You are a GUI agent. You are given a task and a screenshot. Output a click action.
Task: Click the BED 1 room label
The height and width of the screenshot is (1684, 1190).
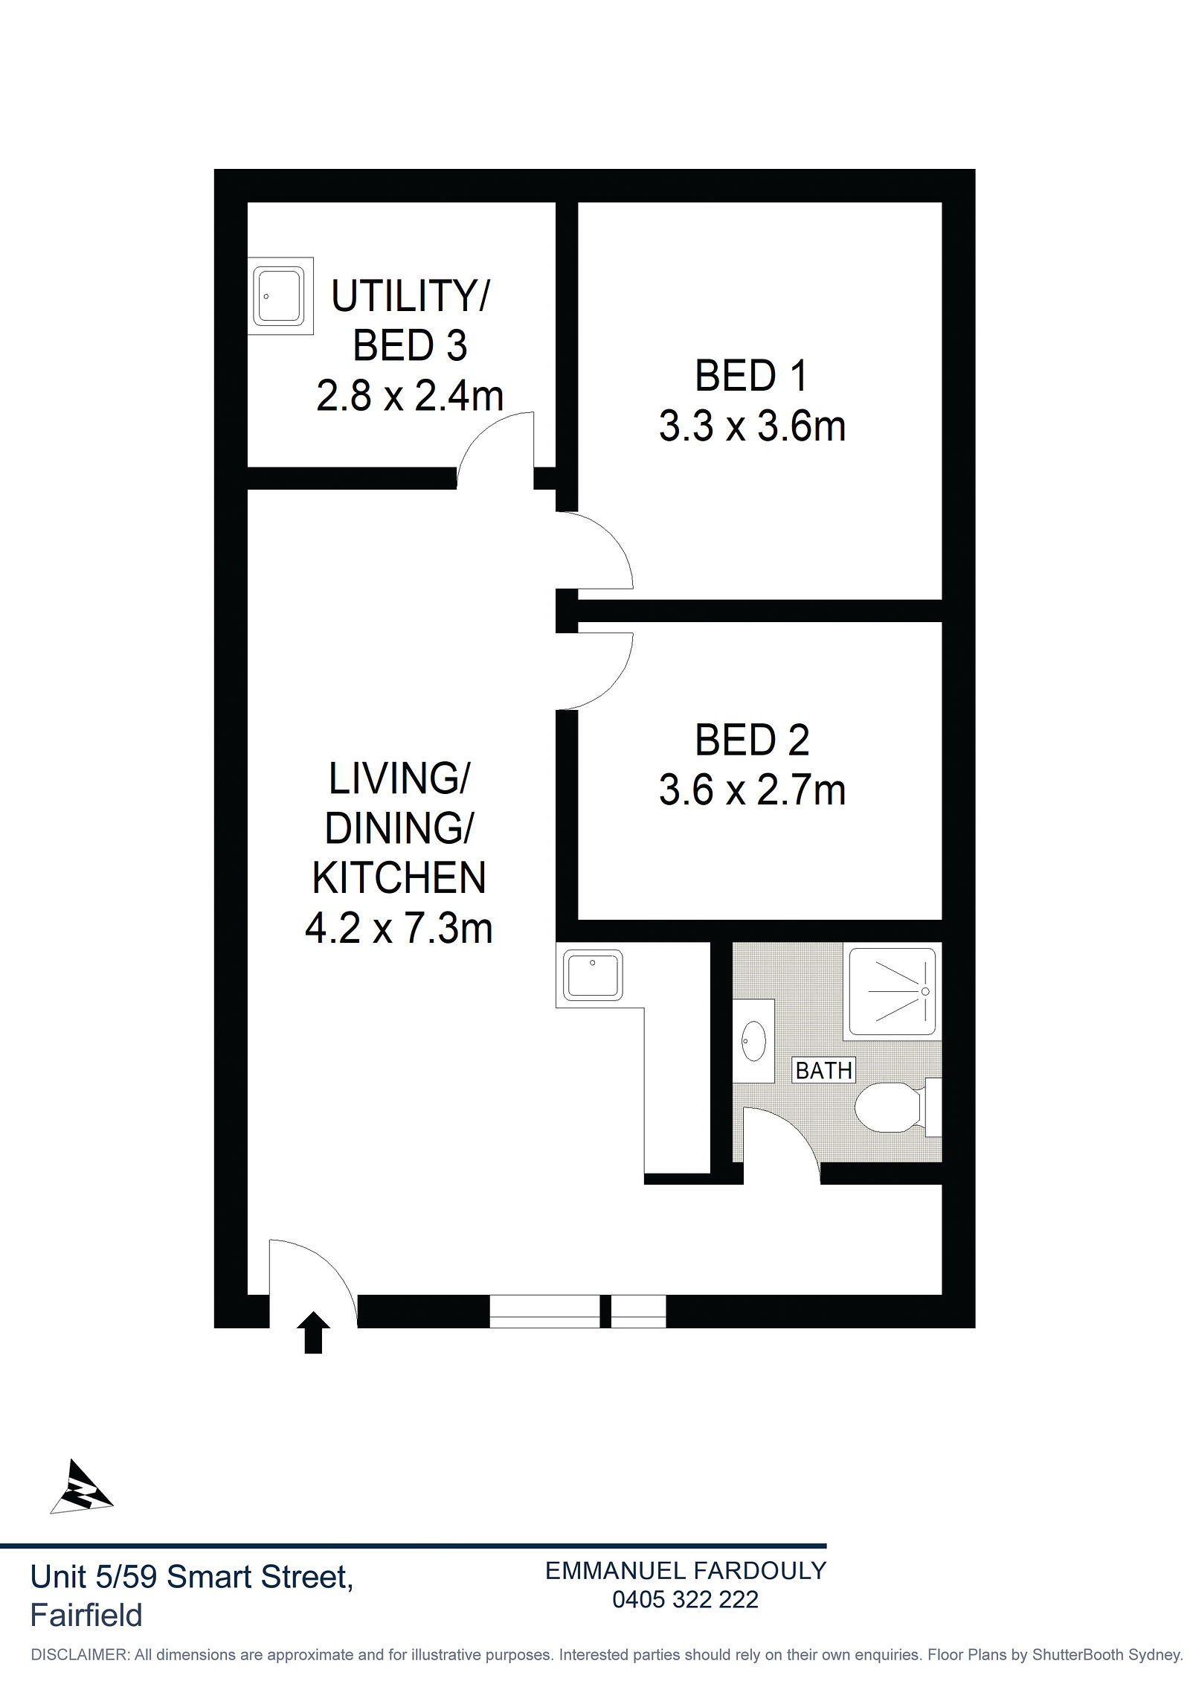(751, 376)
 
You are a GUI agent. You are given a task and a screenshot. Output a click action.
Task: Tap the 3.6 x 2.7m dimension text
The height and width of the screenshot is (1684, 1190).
(752, 790)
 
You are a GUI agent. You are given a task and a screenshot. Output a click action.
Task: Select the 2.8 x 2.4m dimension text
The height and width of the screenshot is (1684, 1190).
(410, 396)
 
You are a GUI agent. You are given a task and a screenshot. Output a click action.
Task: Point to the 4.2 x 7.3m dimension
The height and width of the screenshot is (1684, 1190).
(399, 929)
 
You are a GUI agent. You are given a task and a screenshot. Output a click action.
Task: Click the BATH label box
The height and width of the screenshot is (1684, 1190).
(823, 1070)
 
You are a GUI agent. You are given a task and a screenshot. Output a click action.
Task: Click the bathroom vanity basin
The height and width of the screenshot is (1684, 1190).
(753, 1040)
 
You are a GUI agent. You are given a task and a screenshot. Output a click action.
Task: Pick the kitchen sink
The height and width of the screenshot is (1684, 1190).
(593, 975)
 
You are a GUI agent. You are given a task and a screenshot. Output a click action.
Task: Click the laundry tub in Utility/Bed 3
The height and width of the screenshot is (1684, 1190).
(280, 295)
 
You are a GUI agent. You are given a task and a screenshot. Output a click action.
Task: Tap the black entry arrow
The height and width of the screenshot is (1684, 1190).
(313, 1332)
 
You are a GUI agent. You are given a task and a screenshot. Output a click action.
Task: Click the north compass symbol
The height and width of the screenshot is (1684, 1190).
(81, 1488)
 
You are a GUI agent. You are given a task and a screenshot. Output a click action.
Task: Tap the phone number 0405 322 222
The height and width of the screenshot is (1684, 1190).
(685, 1599)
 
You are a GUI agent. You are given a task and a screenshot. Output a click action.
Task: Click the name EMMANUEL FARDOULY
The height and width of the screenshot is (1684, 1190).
(686, 1570)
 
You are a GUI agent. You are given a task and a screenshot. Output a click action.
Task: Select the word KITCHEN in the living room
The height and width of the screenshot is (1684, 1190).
(399, 878)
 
